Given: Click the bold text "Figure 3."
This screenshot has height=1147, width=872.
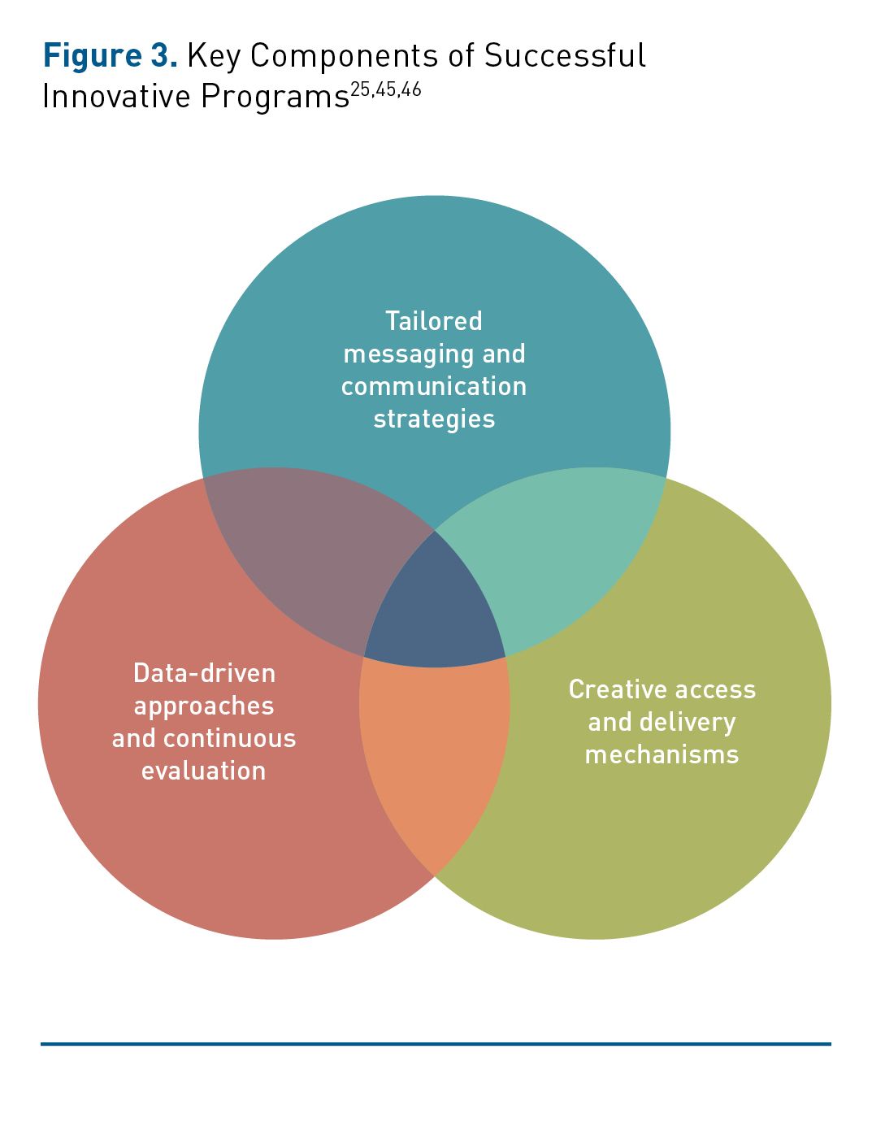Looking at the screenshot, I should pyautogui.click(x=110, y=57).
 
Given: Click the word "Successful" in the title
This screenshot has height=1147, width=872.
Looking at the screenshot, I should pyautogui.click(x=565, y=56).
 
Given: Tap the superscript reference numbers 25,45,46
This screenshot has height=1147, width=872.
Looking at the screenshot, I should pyautogui.click(x=386, y=89).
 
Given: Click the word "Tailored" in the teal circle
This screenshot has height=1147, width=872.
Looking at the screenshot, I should pyautogui.click(x=434, y=321).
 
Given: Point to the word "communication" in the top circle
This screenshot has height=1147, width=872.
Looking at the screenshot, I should pyautogui.click(x=434, y=386).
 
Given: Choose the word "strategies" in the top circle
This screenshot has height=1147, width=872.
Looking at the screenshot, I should pyautogui.click(x=434, y=419).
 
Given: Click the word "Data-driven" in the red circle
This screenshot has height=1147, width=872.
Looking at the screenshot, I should pyautogui.click(x=204, y=673).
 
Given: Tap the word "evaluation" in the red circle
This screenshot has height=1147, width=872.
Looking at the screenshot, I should pyautogui.click(x=204, y=771).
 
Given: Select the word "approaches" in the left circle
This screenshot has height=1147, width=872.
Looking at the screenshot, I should pyautogui.click(x=204, y=706).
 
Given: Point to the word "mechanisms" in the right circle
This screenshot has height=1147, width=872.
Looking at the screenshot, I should pyautogui.click(x=662, y=754).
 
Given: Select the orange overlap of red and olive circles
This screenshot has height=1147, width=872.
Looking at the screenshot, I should pyautogui.click(x=435, y=748).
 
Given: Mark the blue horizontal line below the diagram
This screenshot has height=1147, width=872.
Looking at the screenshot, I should pyautogui.click(x=436, y=1043).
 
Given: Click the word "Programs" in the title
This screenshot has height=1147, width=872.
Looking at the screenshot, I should pyautogui.click(x=275, y=97).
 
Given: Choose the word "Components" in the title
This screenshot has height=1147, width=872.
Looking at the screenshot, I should pyautogui.click(x=342, y=56).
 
